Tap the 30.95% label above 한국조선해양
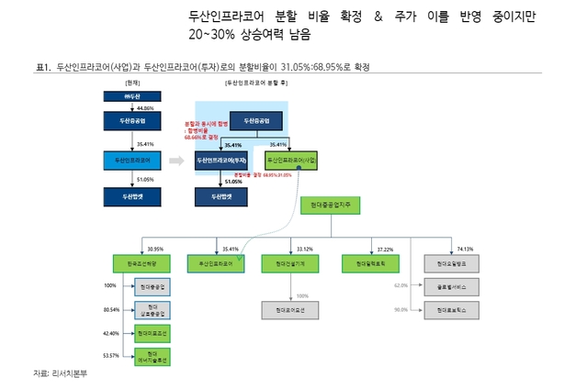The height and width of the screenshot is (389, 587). (154, 248)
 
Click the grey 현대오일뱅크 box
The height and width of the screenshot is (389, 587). (451, 262)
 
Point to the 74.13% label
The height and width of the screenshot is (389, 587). (464, 248)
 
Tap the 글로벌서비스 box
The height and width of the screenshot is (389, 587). (451, 285)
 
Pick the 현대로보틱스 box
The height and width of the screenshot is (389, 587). (451, 309)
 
